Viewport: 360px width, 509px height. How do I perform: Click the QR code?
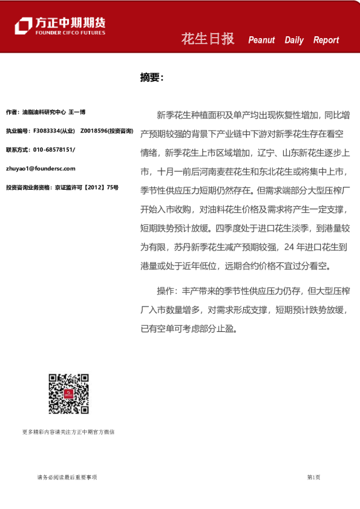(x=69, y=394)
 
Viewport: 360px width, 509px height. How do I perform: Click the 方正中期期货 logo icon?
(x=23, y=25)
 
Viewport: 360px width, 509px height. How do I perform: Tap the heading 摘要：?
(x=151, y=77)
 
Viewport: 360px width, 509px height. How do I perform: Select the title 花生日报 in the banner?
(x=208, y=39)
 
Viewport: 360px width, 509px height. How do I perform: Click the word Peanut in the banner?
(x=261, y=41)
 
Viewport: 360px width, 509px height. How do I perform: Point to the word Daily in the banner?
(x=294, y=41)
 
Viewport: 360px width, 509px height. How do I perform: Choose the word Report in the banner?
(x=326, y=41)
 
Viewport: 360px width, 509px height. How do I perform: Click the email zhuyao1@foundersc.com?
(x=41, y=169)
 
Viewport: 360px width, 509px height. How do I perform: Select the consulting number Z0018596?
(x=94, y=131)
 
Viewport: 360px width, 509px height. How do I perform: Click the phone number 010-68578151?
(x=54, y=150)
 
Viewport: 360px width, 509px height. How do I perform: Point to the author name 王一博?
(x=77, y=112)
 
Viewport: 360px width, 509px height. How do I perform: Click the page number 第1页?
(x=313, y=478)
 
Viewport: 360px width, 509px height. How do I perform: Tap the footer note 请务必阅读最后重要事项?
(x=67, y=478)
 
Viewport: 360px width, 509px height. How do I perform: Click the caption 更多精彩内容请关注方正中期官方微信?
(x=68, y=432)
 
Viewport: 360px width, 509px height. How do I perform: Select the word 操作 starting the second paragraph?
(x=165, y=291)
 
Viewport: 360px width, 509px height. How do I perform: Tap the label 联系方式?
(x=17, y=150)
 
